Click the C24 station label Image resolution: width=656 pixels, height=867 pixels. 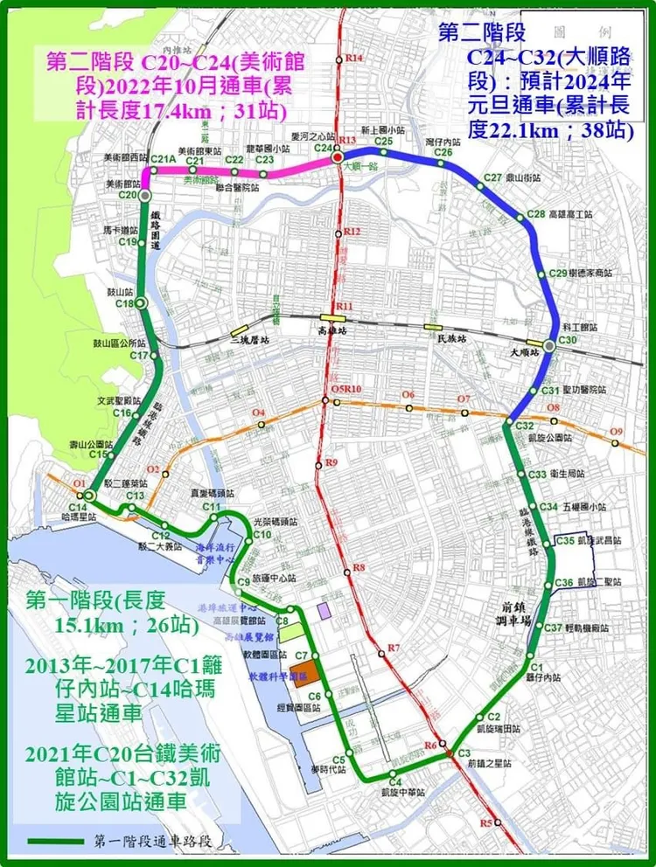(x=323, y=149)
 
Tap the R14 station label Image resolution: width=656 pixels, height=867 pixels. (x=354, y=58)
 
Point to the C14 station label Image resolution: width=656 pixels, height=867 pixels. (x=77, y=508)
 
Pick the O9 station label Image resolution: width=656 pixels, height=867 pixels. (x=617, y=432)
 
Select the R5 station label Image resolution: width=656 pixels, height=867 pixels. (x=486, y=823)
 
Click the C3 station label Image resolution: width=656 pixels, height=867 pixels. (x=464, y=753)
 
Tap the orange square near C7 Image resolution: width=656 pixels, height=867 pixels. (x=303, y=670)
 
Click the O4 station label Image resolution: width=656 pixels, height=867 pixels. (x=257, y=413)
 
